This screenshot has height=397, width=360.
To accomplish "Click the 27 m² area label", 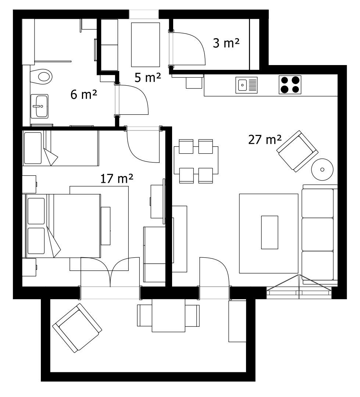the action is click(x=265, y=140).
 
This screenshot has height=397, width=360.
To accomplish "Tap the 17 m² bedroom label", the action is click(x=117, y=179).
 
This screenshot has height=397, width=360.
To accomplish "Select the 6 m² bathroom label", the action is click(x=83, y=95).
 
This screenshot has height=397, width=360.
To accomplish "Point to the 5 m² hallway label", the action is click(x=147, y=78).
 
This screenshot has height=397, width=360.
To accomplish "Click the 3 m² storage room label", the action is click(x=226, y=43).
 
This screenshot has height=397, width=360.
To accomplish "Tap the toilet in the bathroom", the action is click(x=41, y=76).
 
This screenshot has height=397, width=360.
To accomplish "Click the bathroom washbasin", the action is click(x=39, y=106).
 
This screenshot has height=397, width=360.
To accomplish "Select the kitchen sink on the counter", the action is click(x=246, y=85).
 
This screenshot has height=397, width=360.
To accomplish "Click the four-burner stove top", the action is click(x=290, y=85).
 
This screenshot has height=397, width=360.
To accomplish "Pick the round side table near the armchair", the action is click(x=322, y=169).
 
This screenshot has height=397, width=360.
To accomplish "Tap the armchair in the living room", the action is click(x=297, y=151).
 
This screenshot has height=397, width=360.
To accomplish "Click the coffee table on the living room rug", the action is click(x=270, y=232).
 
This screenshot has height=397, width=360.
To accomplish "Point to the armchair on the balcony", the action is click(x=77, y=328).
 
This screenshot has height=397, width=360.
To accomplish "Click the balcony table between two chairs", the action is click(x=168, y=315).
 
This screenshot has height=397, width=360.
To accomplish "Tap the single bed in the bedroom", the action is click(x=61, y=148).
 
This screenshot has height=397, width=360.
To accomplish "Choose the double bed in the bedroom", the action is click(x=63, y=226).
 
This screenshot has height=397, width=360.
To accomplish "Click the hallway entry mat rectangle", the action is click(x=145, y=44).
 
